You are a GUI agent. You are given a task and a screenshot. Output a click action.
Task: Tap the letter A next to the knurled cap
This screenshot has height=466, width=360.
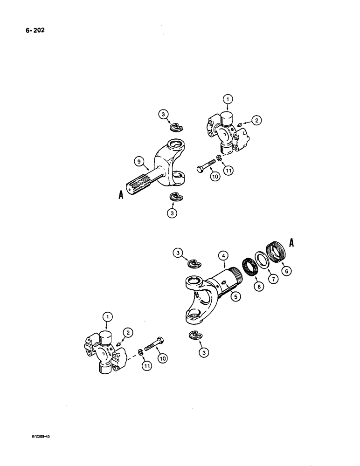point(292,242)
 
